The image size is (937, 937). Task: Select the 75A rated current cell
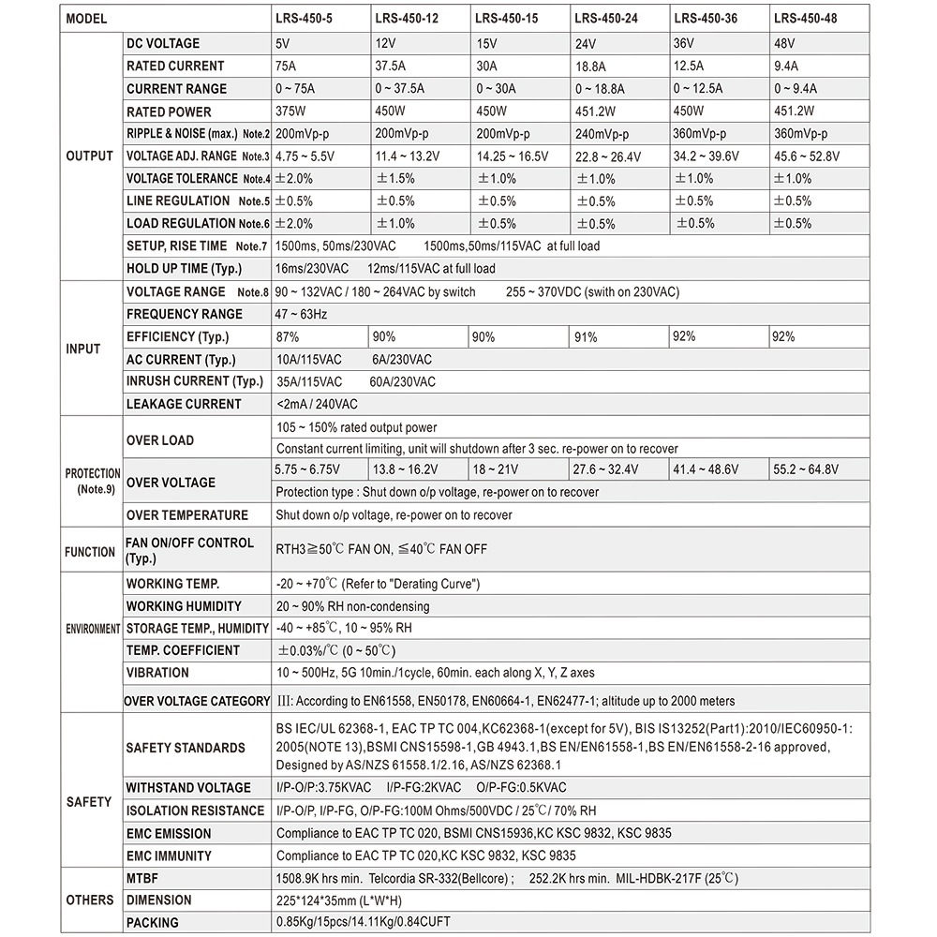288,67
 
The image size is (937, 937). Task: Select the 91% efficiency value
587,337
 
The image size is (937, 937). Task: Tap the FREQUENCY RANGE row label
184,314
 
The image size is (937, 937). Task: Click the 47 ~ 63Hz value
302,314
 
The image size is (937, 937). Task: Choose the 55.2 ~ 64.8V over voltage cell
805,469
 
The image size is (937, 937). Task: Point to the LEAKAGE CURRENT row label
184,404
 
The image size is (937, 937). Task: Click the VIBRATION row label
157,673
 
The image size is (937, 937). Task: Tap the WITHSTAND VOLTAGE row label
188,788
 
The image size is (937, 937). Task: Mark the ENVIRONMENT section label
92,629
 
